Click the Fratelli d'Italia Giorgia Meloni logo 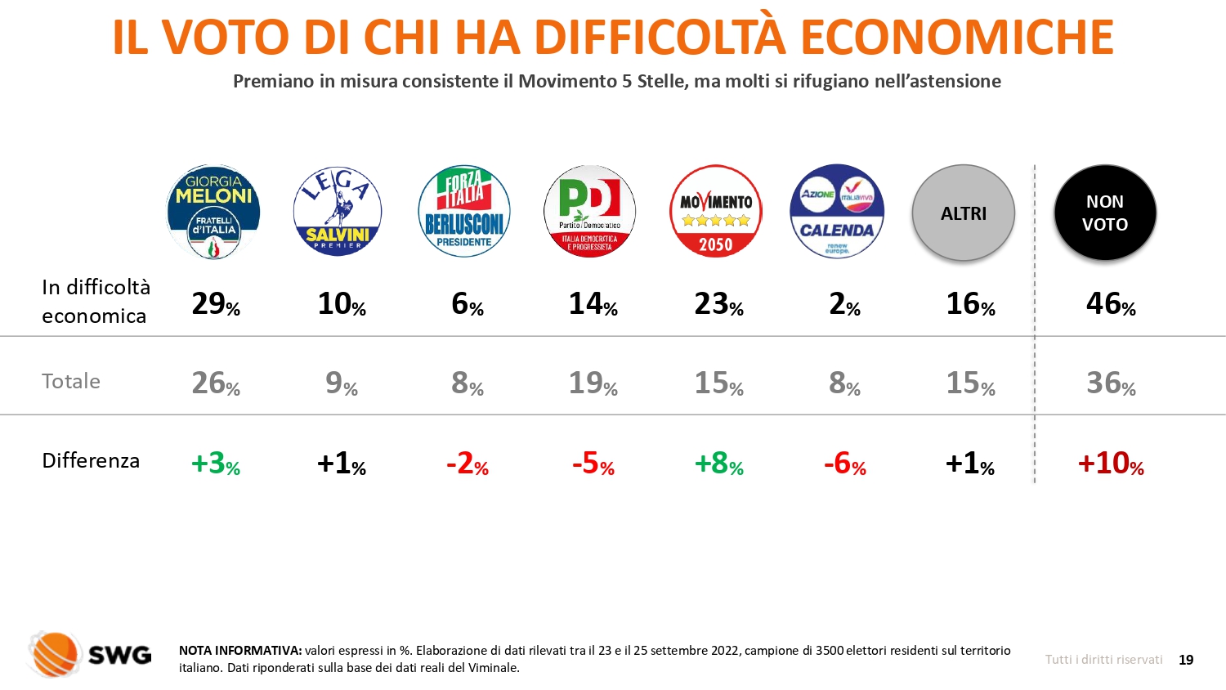(x=213, y=212)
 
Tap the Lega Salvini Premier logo (x=338, y=212)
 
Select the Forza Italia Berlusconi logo (x=464, y=212)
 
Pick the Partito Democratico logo (x=589, y=212)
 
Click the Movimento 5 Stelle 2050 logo (x=716, y=212)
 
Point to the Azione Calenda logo (x=837, y=212)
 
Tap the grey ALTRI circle (x=964, y=213)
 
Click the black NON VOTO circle (x=1105, y=213)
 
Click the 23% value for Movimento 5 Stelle (x=718, y=304)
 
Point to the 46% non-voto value (x=1111, y=304)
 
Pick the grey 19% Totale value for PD (x=593, y=383)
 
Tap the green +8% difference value (x=718, y=463)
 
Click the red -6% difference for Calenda (x=844, y=463)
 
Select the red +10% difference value (x=1111, y=463)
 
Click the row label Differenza (x=91, y=460)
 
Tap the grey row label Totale (x=71, y=381)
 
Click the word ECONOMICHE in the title (x=956, y=37)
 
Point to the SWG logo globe (x=55, y=654)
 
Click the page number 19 (x=1186, y=660)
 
